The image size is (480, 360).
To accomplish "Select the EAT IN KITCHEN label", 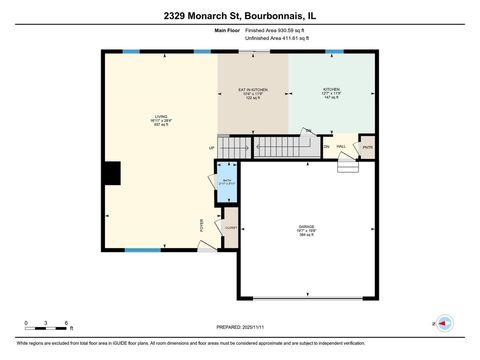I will click(x=252, y=93).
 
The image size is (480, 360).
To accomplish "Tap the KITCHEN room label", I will click(x=331, y=93).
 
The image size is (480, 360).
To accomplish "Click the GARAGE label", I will click(x=306, y=229).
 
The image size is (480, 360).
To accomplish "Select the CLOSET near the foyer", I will click(x=230, y=228).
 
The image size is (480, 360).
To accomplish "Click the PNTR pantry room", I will click(x=367, y=147).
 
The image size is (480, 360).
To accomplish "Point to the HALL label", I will click(x=341, y=147).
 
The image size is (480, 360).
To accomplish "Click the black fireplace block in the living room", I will click(x=113, y=173).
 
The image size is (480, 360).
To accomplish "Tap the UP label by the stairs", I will click(x=212, y=149).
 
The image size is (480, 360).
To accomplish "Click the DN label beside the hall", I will click(x=326, y=147).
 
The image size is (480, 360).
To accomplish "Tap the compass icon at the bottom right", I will click(x=444, y=323).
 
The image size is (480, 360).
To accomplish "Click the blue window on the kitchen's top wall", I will click(x=330, y=51).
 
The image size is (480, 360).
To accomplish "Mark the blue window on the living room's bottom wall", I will click(x=148, y=251).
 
